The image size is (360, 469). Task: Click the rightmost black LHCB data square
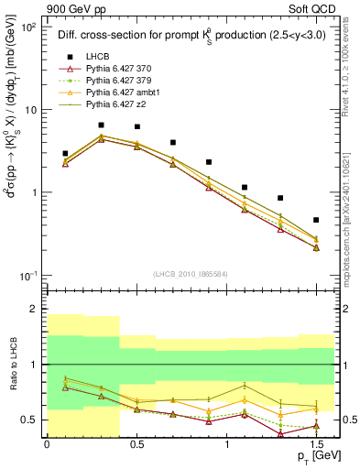(316, 220)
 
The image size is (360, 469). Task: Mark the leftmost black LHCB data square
(65, 154)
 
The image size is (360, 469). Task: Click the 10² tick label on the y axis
(27, 27)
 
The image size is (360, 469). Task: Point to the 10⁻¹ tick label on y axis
(27, 276)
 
